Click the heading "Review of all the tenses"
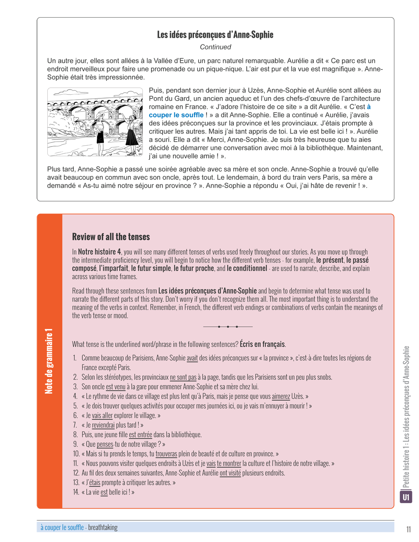[x=111, y=237]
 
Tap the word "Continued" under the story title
[x=215, y=47]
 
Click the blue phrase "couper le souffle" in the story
[x=176, y=115]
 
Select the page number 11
[x=408, y=529]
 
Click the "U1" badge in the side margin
[x=406, y=497]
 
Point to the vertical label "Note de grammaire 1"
[x=49, y=361]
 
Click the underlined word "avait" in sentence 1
[x=192, y=358]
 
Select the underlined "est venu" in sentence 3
[x=116, y=387]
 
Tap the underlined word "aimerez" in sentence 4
[x=281, y=396]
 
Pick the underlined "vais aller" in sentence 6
[x=102, y=416]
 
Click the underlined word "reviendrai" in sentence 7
[x=103, y=425]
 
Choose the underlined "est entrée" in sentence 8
[x=140, y=435]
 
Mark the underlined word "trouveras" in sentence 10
[x=166, y=454]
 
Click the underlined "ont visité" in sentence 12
[x=230, y=473]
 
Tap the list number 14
[x=76, y=492]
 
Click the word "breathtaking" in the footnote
[x=103, y=527]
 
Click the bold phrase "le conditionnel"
[x=247, y=268]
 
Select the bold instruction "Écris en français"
[x=262, y=344]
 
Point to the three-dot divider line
[x=228, y=326]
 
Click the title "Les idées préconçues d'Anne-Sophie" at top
[x=215, y=35]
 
